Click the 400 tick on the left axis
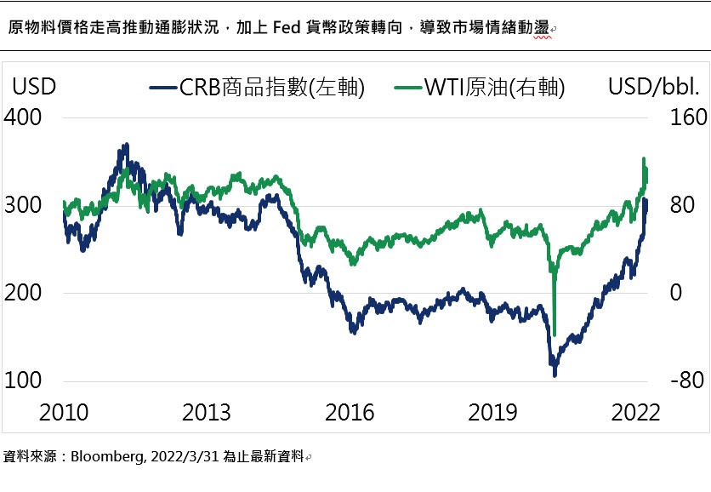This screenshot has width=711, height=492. (23, 117)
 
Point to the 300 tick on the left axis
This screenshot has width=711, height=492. (23, 205)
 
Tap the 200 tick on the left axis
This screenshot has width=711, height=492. (23, 293)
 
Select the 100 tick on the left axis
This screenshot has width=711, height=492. (23, 380)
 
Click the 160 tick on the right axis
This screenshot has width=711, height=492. (688, 117)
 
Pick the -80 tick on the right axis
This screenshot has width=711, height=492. (686, 380)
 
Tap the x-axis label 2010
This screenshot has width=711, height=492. (64, 413)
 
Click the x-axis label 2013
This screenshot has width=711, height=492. (207, 413)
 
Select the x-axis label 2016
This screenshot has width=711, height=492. (350, 413)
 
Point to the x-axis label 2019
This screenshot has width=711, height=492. (493, 413)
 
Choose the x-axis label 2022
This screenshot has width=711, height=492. (636, 413)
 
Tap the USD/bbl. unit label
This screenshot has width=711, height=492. (653, 87)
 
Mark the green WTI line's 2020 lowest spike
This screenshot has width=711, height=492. (555, 335)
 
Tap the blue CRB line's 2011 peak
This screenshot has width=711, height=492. (126, 146)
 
